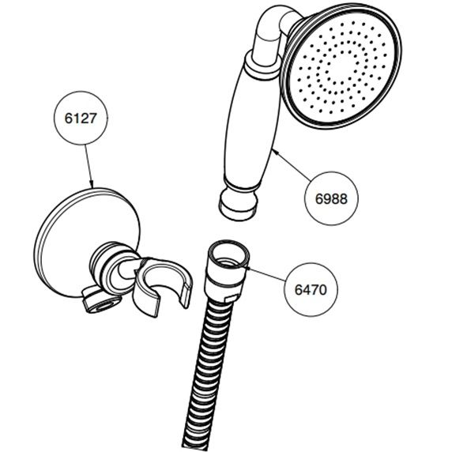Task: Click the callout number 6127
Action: (81, 119)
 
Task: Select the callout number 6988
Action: (331, 198)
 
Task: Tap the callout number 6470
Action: (311, 289)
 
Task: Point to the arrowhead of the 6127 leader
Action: (91, 184)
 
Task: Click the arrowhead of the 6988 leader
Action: (275, 151)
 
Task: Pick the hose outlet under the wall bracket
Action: (101, 303)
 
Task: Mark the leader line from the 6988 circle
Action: (292, 166)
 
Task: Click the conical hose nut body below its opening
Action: (224, 280)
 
